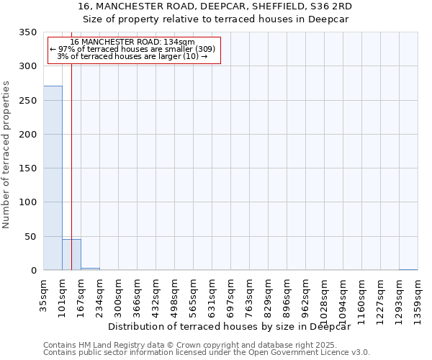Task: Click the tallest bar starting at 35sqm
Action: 53,178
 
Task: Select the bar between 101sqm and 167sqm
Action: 71,255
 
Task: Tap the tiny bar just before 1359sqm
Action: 408,269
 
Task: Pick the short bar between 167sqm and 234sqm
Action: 90,269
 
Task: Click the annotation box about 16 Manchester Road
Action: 133,50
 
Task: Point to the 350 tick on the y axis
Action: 29,33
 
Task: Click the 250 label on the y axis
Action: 29,101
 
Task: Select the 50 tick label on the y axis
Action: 32,237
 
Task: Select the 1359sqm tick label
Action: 418,297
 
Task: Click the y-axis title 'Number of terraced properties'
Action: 7,154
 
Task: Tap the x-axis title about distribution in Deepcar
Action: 233,326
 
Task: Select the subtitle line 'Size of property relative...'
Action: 215,19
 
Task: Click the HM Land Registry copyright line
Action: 205,345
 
